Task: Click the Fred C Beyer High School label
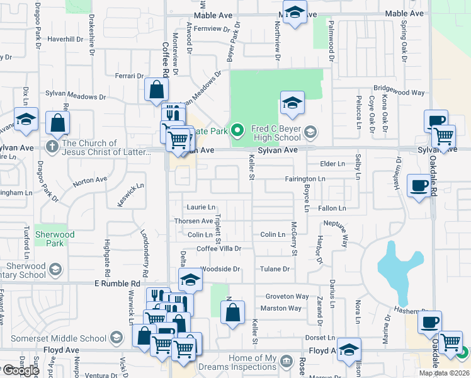click(x=276, y=132)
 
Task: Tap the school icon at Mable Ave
click(x=294, y=13)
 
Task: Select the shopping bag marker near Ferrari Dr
click(x=156, y=90)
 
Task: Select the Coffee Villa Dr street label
click(x=218, y=249)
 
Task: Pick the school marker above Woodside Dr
click(x=190, y=280)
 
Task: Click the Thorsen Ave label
click(x=194, y=221)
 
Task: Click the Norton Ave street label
click(x=90, y=180)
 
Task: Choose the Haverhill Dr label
click(x=65, y=39)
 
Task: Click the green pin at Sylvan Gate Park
click(x=237, y=130)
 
